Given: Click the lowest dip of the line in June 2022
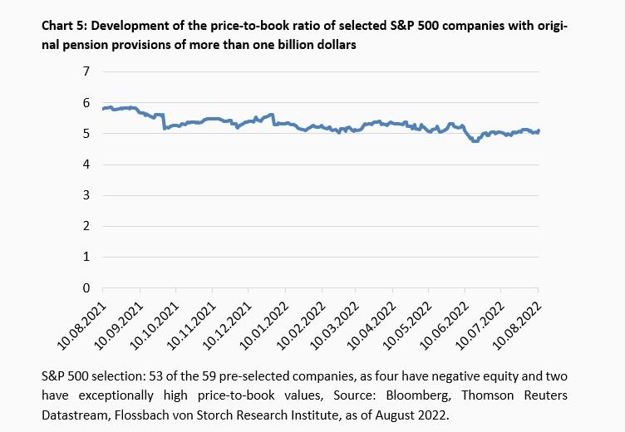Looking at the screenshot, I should coord(475,141).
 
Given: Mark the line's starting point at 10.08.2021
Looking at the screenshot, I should coord(103,109).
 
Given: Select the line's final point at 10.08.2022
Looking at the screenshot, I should coord(539,130).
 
